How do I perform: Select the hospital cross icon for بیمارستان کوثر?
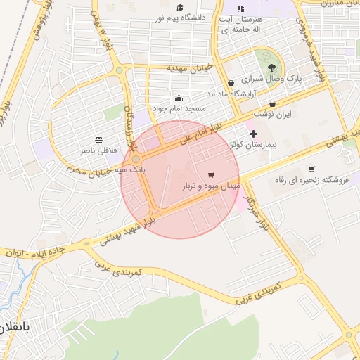click(253, 133)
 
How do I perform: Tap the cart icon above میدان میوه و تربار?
click(211, 174)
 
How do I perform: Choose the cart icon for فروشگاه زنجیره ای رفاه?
click(311, 169)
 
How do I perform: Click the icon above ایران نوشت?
click(272, 103)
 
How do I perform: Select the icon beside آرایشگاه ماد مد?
click(231, 84)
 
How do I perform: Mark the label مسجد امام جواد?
click(180, 109)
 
